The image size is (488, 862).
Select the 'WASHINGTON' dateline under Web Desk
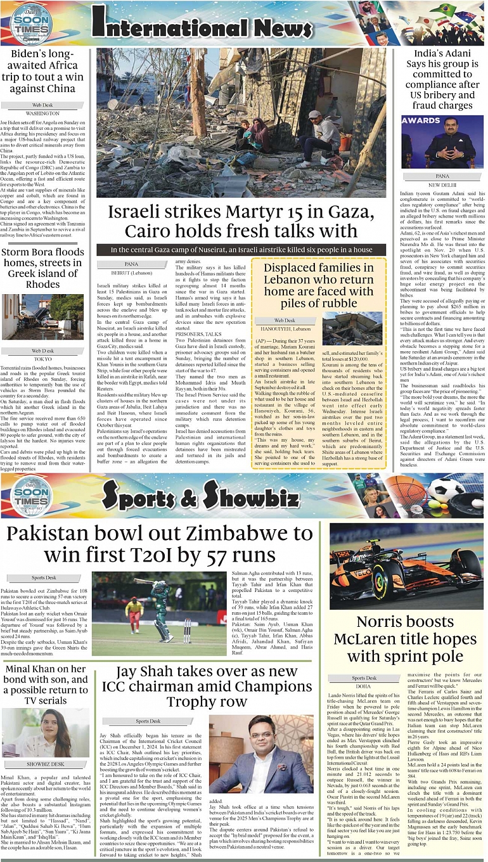pos(42,113)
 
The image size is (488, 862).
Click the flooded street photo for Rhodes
pos(42,316)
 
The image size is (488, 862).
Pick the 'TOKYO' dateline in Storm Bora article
pos(42,359)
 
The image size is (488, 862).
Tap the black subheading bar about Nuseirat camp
pos(241,250)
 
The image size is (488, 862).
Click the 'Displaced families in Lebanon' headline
pos(318,285)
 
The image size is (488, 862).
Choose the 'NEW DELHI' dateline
pos(442,185)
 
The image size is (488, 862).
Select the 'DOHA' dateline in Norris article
pos(364,686)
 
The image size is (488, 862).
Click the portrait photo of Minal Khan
pos(44,733)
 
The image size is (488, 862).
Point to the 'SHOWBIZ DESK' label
pos(44,764)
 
